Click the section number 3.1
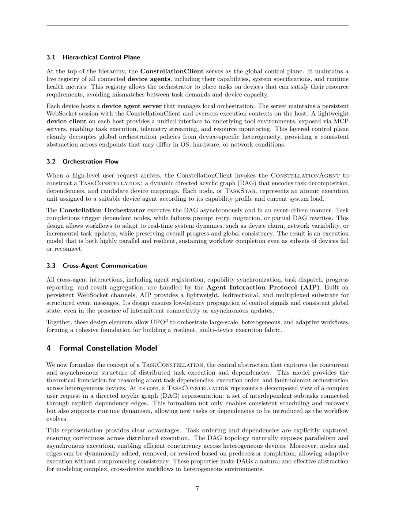point(51,57)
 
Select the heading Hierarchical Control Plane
point(101,57)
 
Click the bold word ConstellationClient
point(172,71)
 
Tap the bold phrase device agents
point(148,79)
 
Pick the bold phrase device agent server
point(132,106)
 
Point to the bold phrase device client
point(66,121)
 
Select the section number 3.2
point(51,162)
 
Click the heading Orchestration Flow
point(91,162)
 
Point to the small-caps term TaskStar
point(242,191)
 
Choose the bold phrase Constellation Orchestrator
point(102,210)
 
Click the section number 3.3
point(51,266)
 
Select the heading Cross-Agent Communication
point(105,266)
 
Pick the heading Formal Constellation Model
point(108,348)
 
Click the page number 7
point(197,489)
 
